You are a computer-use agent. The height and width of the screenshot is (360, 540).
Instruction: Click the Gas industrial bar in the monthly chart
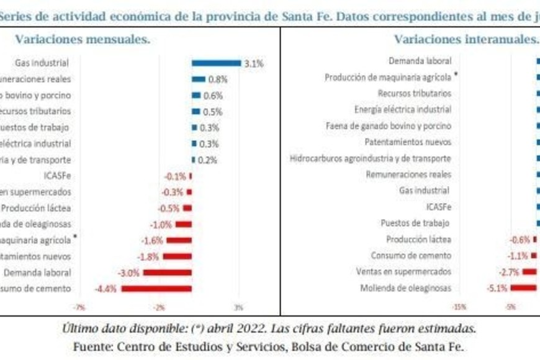tap(216, 63)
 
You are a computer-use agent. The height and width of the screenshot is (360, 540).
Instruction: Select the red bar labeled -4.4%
tap(156, 289)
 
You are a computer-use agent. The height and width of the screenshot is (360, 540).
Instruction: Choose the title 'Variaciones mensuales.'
tap(83, 40)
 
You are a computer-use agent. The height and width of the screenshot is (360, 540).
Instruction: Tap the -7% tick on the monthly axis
tap(79, 307)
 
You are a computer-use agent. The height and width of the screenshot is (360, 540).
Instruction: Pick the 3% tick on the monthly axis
tap(239, 307)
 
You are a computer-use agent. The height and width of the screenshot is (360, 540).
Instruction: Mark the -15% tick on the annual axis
tap(459, 307)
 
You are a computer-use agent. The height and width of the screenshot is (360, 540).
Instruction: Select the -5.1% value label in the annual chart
tap(497, 288)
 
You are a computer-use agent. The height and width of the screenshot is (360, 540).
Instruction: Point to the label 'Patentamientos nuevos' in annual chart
tap(408, 142)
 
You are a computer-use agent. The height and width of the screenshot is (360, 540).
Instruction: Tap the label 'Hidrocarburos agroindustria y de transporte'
tap(371, 158)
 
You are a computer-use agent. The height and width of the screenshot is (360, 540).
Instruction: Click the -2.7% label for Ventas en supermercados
tap(509, 272)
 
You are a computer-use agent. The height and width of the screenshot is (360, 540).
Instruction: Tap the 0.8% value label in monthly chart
tap(218, 79)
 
